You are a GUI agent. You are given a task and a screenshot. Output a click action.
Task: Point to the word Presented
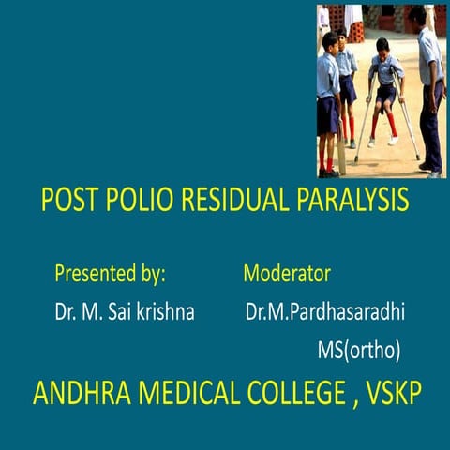pos(93,275)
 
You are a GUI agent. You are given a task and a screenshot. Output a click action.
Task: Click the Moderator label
pos(287,275)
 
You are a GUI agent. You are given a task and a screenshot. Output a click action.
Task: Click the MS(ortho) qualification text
pos(359,350)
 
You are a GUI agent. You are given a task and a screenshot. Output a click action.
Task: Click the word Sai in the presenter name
pos(115,312)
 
